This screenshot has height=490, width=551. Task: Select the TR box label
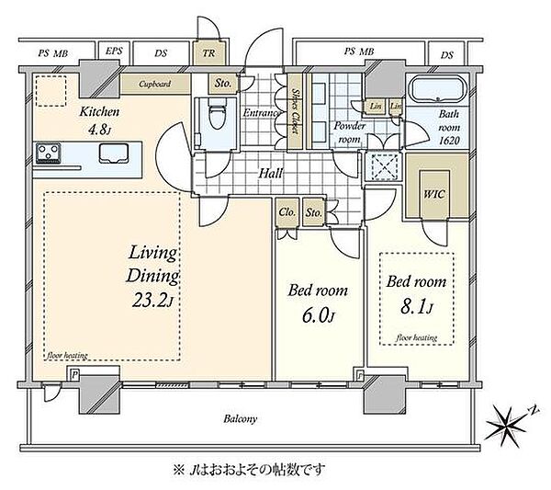click(x=208, y=52)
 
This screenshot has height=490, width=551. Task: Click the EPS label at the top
click(x=115, y=51)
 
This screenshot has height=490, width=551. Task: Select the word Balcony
click(x=242, y=419)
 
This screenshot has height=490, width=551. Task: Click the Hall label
click(x=271, y=172)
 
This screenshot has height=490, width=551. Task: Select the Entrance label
click(x=261, y=112)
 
